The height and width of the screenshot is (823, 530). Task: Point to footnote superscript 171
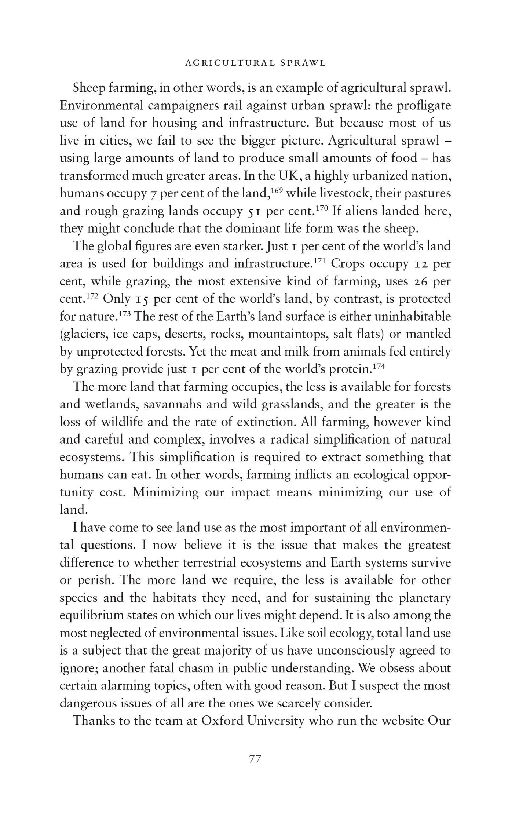[x=319, y=260]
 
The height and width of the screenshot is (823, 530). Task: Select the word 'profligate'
[x=422, y=106]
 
